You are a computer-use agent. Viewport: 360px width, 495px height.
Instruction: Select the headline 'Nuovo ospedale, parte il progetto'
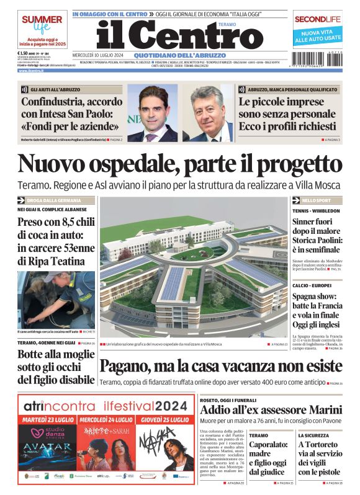[x=179, y=164]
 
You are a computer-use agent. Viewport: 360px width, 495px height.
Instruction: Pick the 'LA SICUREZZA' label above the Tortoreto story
[x=315, y=435]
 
